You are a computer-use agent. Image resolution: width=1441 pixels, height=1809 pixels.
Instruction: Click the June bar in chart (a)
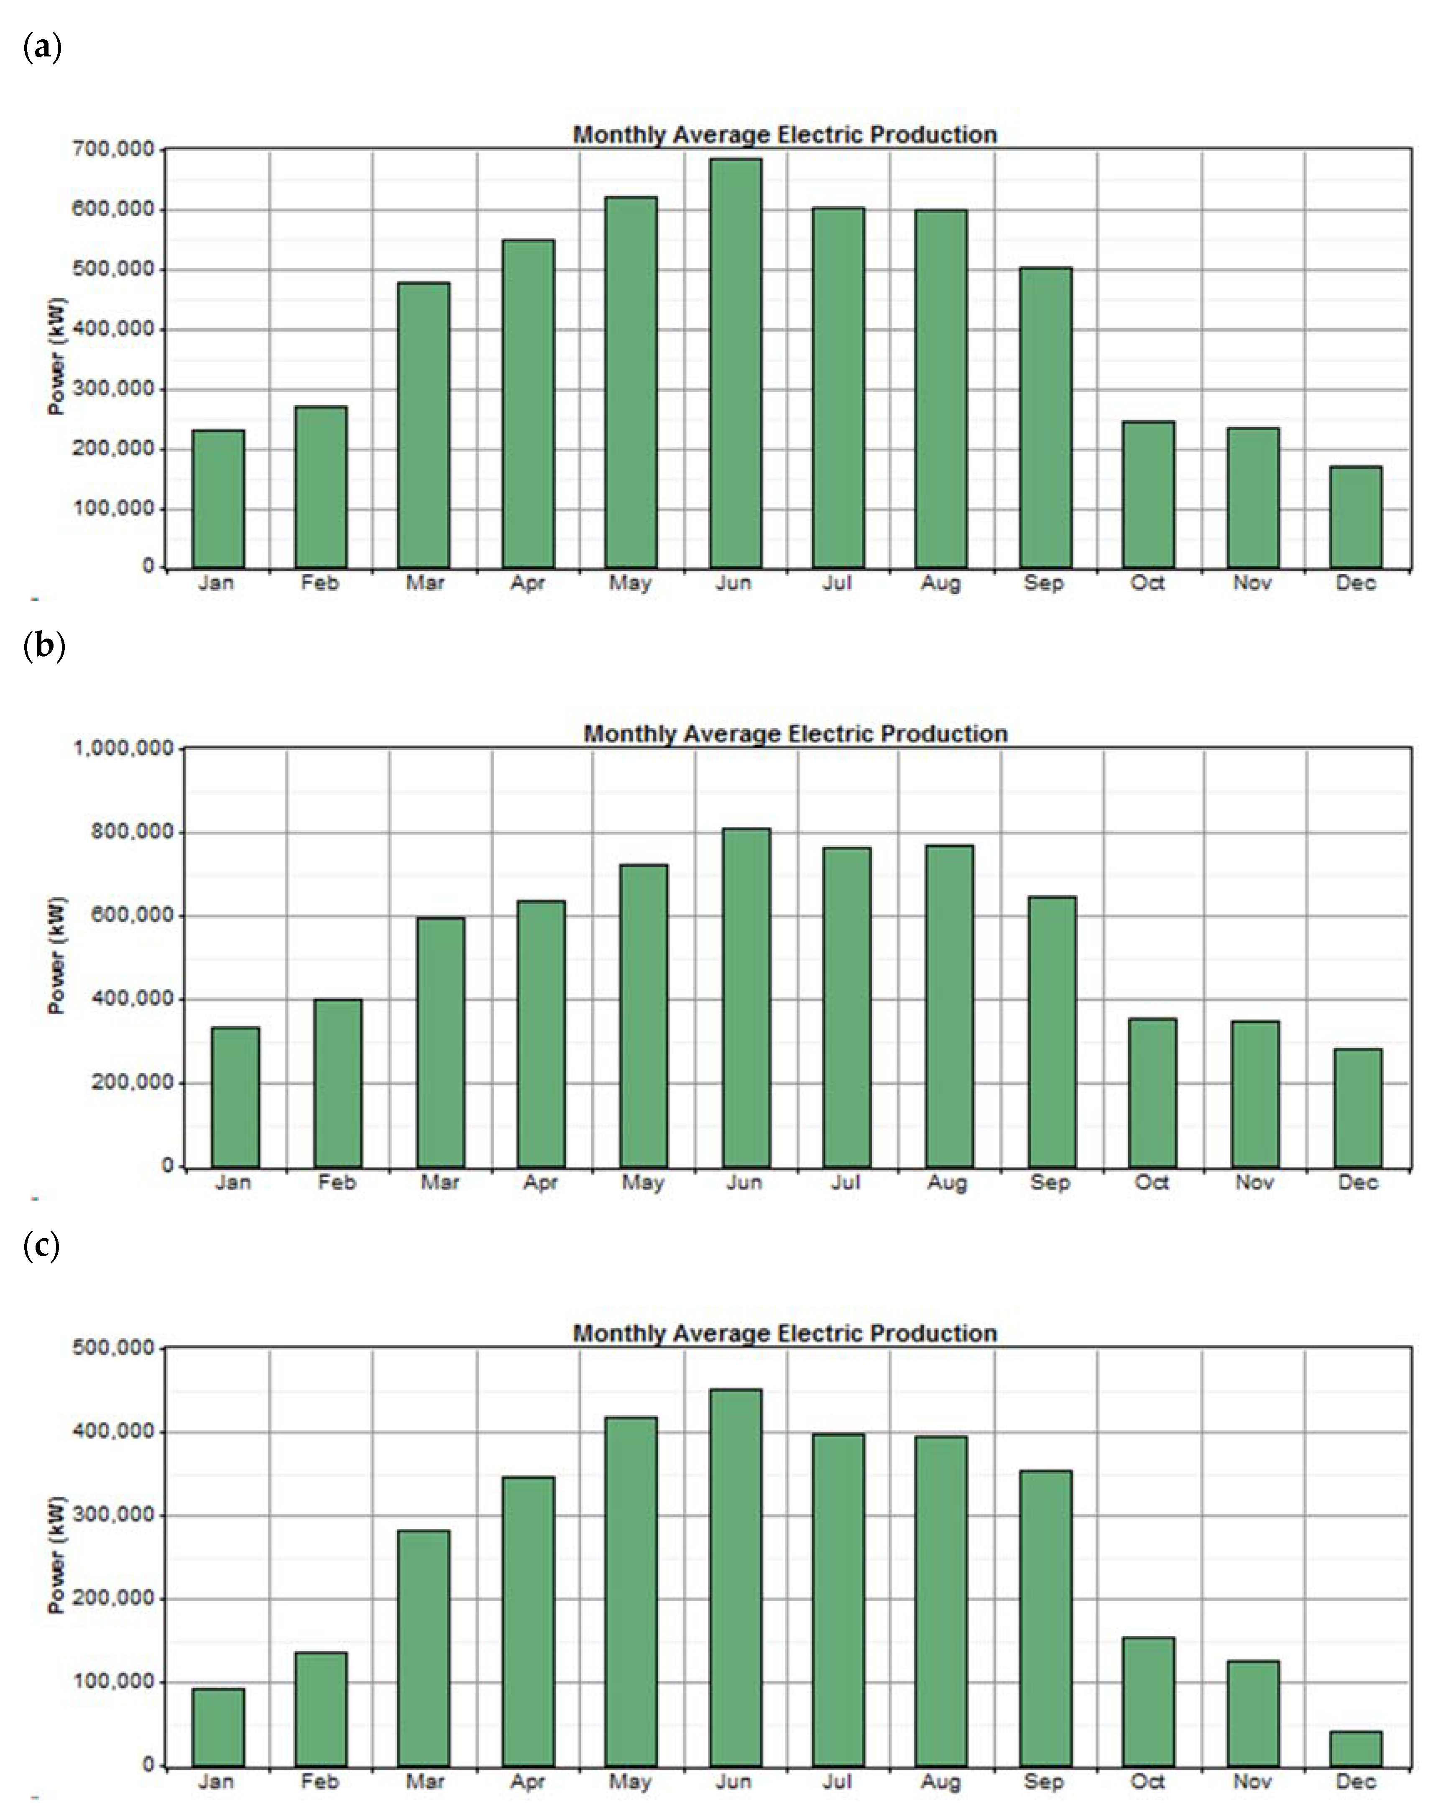735,363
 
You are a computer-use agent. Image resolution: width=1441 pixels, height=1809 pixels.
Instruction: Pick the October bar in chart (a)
1148,495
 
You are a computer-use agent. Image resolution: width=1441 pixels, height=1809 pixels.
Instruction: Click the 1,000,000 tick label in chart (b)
123,748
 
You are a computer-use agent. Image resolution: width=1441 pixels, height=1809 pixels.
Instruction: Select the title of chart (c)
785,1333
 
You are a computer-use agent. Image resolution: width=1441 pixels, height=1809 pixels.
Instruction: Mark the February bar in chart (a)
321,488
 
